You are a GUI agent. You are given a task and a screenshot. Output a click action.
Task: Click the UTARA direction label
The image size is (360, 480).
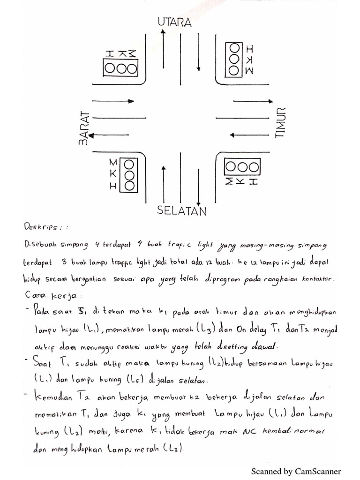[174, 22]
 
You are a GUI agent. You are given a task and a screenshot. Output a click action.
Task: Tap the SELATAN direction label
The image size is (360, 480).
[182, 211]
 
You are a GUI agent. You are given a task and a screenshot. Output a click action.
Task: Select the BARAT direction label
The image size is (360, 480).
[84, 128]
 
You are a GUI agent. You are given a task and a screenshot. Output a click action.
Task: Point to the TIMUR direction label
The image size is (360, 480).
[280, 123]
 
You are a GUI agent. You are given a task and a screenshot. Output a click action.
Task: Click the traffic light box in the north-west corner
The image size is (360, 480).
[121, 68]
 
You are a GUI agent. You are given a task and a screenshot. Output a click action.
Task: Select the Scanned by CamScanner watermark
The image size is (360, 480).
[296, 471]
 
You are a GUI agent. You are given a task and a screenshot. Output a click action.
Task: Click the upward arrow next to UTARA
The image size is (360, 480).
[163, 52]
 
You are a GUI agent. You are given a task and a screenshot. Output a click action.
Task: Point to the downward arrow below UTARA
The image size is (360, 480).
[199, 49]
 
